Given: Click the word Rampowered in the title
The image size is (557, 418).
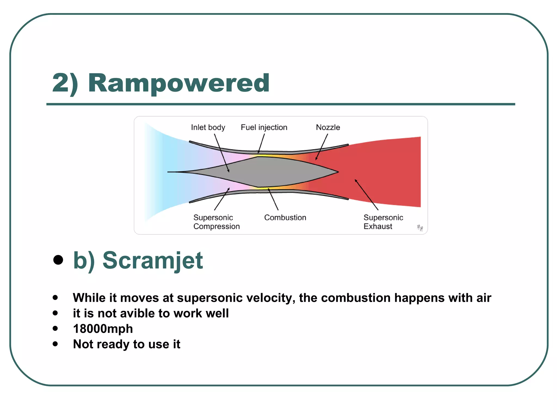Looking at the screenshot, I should tap(179, 83).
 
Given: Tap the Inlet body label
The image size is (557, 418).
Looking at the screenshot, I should tap(208, 127).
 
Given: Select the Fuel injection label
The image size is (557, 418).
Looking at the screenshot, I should tap(264, 127).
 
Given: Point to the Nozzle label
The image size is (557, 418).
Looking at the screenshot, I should tap(328, 127).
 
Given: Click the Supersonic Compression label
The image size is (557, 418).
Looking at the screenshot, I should tap(216, 222).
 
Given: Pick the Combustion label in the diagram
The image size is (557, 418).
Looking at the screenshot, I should tap(285, 217).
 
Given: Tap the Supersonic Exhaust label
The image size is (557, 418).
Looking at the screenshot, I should tap(383, 222).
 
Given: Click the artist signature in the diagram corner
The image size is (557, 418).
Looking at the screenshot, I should tap(420, 228).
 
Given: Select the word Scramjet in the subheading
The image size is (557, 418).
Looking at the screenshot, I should tap(153, 260).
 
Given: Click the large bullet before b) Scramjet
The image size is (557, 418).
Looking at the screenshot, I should tap(58, 260).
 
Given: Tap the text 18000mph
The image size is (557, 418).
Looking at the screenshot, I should tap(103, 329).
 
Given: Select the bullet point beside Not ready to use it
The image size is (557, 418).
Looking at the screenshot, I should tap(55, 344).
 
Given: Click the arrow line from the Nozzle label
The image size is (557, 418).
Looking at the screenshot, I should tap(322, 147).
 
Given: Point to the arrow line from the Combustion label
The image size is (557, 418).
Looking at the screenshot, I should tap(273, 199).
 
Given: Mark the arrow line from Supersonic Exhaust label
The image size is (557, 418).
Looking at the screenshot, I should tap(367, 195).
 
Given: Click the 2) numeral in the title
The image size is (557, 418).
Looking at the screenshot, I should tap(65, 83).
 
